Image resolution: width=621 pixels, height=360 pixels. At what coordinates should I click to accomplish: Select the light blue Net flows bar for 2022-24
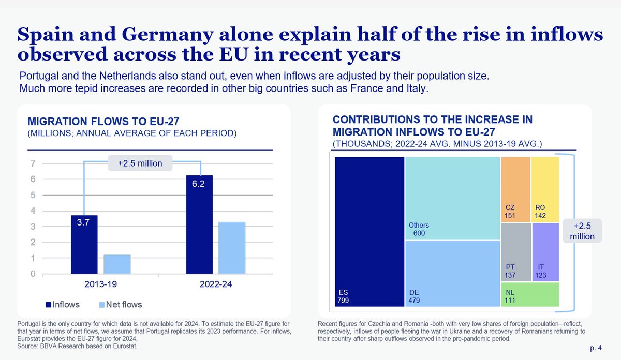pos(232,248)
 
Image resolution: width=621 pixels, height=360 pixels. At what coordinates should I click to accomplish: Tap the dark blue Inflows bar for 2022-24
pos(199,224)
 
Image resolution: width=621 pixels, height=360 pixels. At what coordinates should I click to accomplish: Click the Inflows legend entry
pos(65,304)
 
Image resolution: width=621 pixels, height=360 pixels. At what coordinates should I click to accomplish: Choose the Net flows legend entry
pos(120,304)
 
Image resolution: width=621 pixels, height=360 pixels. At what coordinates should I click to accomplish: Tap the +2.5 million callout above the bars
pos(140,163)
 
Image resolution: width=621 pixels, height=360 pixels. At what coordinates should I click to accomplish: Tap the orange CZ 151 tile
pos(515,189)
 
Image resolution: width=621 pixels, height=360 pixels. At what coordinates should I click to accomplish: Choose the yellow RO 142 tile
pos(545,189)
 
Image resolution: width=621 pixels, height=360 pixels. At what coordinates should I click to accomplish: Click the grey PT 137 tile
pos(516,252)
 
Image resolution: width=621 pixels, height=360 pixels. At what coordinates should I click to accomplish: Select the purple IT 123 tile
pos(545,252)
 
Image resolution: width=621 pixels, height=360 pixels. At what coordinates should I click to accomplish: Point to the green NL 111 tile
pos(530,294)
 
